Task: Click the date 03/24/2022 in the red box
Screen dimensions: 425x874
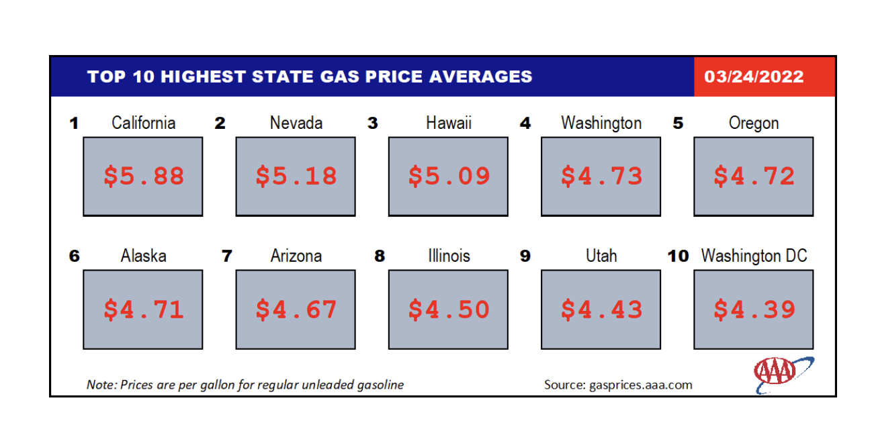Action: (754, 77)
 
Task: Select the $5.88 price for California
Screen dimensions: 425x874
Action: (143, 176)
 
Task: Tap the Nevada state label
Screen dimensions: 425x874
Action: (296, 123)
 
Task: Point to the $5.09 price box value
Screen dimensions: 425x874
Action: (449, 176)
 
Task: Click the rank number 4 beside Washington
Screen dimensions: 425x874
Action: (525, 124)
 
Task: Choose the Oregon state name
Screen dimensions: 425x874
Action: (753, 123)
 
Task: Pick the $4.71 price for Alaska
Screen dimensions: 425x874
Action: (143, 310)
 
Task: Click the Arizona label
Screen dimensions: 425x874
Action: (296, 256)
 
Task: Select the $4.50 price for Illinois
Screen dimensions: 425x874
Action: (449, 310)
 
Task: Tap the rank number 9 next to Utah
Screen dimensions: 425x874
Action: (525, 256)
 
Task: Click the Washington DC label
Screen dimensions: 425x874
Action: (754, 256)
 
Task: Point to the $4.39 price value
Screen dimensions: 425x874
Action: (754, 310)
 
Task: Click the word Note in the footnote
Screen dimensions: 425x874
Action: (99, 385)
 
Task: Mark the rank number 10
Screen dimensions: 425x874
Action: (678, 256)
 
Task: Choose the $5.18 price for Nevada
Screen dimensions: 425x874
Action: (296, 176)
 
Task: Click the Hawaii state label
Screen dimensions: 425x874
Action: (449, 123)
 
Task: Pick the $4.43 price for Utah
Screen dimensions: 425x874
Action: (601, 310)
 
